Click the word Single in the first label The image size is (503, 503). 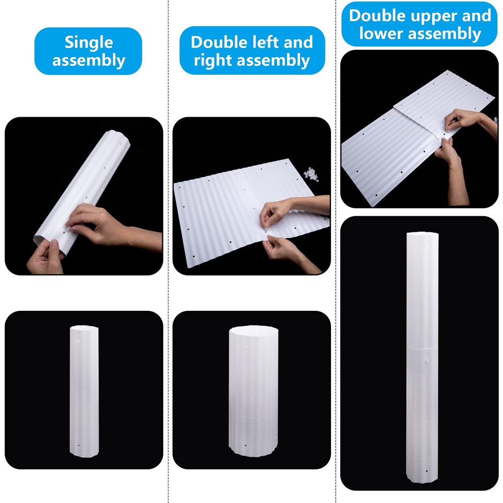click(89, 42)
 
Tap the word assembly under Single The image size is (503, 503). click(89, 60)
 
